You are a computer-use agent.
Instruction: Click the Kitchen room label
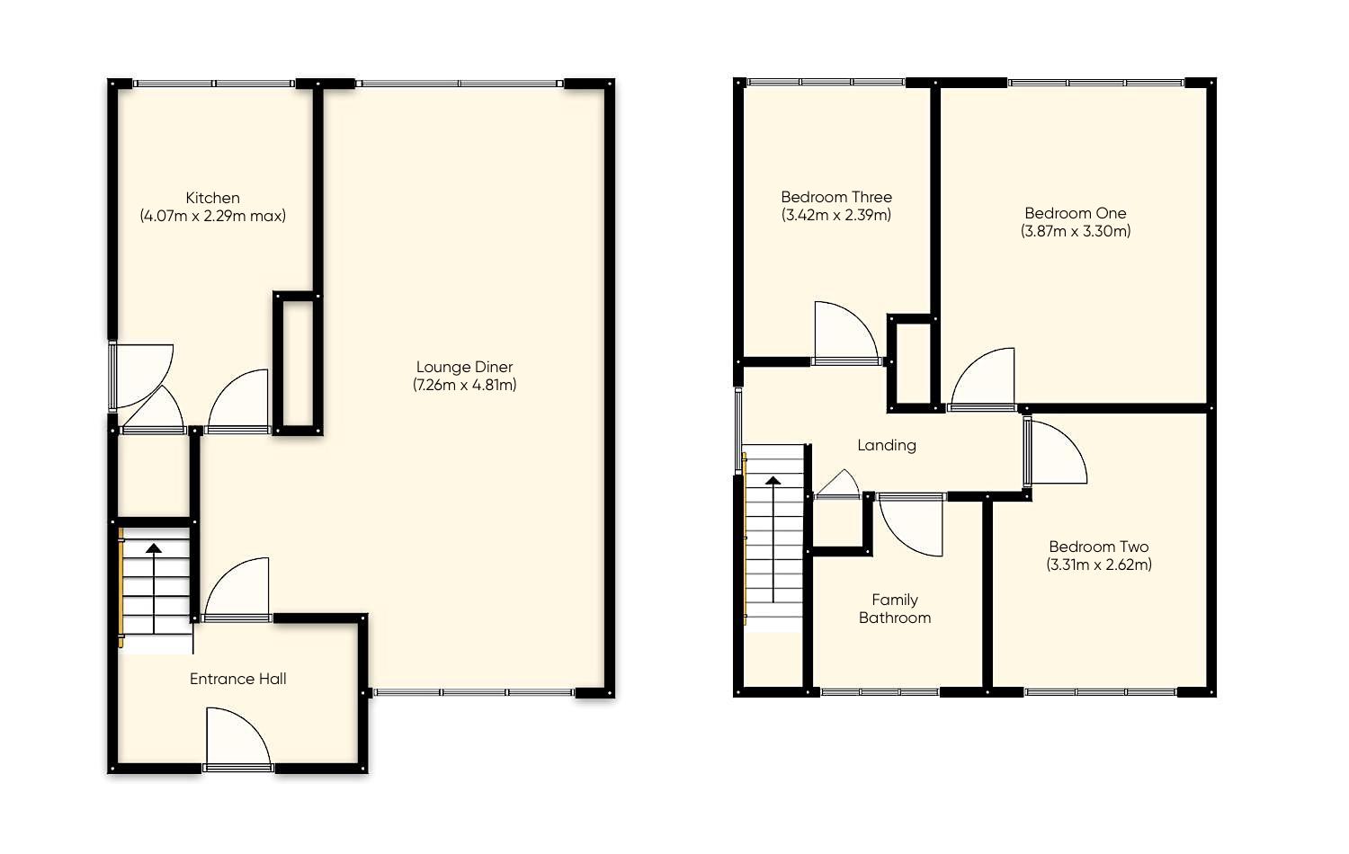tap(212, 198)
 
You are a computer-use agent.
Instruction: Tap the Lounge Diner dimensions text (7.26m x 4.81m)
tap(464, 385)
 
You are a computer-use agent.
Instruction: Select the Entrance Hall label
tap(237, 679)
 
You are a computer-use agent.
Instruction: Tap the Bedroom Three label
tap(836, 197)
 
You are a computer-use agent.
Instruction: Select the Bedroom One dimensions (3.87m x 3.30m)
tap(1076, 231)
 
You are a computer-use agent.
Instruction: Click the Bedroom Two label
tap(1098, 547)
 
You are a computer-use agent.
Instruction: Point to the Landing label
tap(886, 445)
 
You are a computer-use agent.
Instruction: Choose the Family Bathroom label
tap(894, 609)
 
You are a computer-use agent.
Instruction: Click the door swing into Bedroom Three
tap(843, 334)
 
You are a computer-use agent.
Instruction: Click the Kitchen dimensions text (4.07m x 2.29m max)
tap(212, 216)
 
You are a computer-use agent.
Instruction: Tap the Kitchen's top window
tap(214, 84)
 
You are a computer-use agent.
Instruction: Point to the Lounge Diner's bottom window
tap(474, 692)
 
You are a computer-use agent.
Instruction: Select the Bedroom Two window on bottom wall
tap(1100, 692)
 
